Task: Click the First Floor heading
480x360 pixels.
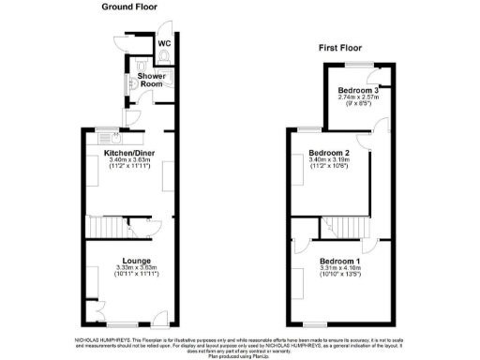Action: pos(341,48)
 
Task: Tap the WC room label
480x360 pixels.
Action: pos(163,44)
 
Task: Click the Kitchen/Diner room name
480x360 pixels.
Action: pos(126,151)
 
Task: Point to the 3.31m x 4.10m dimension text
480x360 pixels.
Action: pos(339,268)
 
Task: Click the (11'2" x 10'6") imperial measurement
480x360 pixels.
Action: pos(328,167)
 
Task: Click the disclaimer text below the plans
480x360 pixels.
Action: pos(240,343)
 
